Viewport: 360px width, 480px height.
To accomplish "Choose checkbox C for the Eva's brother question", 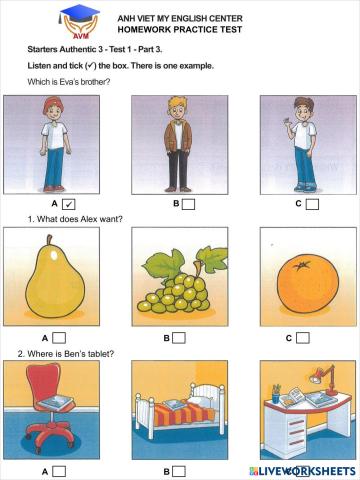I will click(312, 204).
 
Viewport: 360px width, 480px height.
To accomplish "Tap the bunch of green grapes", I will click(176, 285).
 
